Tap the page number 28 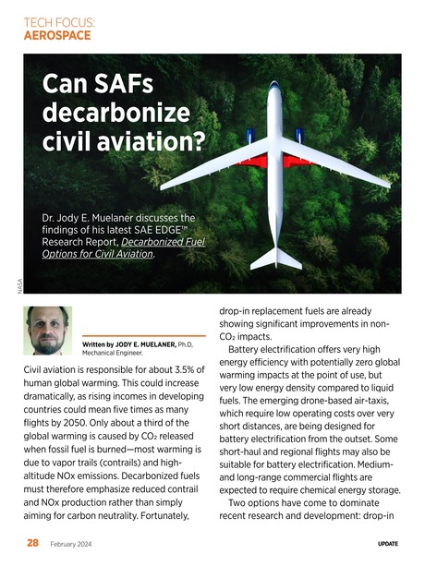31,544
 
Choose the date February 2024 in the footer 69,545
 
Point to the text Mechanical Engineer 115,353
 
